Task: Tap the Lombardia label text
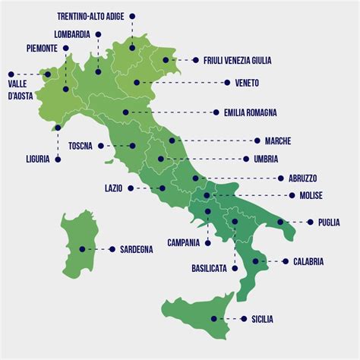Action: click(72, 34)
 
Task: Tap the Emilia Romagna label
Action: click(250, 112)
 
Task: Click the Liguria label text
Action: click(36, 159)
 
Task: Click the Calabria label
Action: click(308, 261)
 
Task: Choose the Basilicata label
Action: click(209, 268)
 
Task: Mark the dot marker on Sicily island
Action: click(214, 319)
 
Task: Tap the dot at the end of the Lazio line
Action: click(162, 188)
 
